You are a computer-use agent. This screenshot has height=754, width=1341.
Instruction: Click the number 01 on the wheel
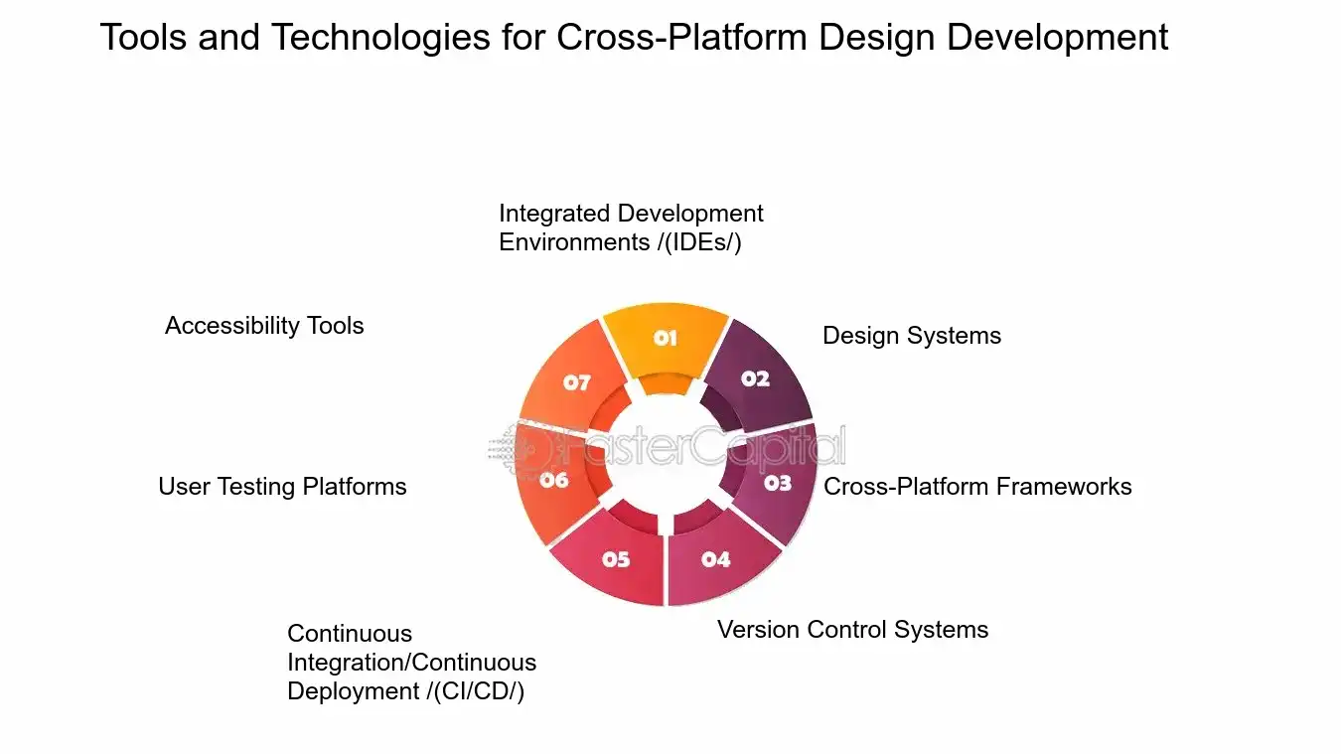[x=665, y=339]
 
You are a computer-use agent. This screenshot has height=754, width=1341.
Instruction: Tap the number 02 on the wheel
[x=755, y=378]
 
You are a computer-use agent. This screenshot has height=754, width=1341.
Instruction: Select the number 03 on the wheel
[x=777, y=483]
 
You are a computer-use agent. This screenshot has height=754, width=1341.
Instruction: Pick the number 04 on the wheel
[x=715, y=559]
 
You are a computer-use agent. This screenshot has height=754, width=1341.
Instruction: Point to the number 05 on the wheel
[x=616, y=559]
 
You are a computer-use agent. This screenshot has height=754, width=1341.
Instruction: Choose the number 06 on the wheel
[x=554, y=481]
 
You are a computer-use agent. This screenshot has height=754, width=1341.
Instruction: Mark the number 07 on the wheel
[x=577, y=382]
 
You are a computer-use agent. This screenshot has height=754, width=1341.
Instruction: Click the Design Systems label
[x=911, y=336]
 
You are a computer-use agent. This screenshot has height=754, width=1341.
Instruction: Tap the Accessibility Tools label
[x=264, y=326]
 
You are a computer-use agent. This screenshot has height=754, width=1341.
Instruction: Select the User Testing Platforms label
[x=282, y=487]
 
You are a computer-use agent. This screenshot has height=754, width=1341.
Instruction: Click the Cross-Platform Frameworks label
[x=977, y=487]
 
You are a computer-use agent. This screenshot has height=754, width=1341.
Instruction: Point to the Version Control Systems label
[x=852, y=630]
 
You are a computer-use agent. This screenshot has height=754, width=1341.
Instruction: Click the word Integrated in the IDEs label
[x=554, y=214]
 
